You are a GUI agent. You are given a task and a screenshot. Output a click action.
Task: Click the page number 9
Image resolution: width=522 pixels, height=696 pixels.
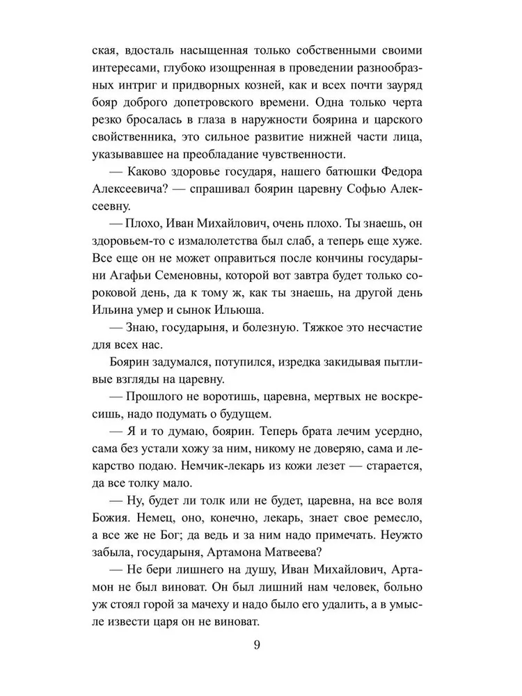[258, 644]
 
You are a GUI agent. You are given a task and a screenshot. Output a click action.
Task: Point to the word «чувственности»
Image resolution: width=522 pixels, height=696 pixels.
[316, 155]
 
